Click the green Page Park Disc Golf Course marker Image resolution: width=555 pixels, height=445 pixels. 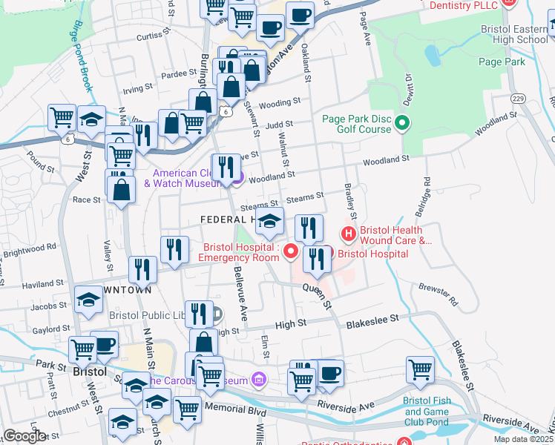(x=403, y=123)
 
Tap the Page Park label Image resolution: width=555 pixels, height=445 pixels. (x=502, y=62)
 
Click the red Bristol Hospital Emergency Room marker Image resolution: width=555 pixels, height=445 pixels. (x=291, y=253)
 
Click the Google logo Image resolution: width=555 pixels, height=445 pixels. (x=24, y=436)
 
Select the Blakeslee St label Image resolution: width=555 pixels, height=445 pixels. (x=372, y=317)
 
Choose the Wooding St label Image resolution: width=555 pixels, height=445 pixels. (x=279, y=102)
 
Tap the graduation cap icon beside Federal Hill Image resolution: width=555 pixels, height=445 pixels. (x=270, y=220)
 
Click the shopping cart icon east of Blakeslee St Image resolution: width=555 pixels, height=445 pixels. (x=420, y=369)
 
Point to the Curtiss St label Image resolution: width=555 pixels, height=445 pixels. (x=149, y=36)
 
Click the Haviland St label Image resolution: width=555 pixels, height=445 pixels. (x=42, y=284)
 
